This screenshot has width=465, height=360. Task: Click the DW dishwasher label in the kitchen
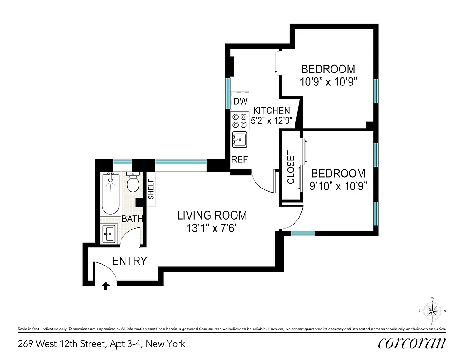tap(240, 102)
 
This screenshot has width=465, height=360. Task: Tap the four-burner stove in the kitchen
tap(240, 120)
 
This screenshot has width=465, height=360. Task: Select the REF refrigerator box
tap(239, 159)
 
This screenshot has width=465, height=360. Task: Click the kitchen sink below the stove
tap(240, 139)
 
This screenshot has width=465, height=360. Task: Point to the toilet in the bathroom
tap(133, 182)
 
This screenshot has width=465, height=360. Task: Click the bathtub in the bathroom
tap(110, 193)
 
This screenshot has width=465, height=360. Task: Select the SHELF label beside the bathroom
tap(151, 189)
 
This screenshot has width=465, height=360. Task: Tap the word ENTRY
tap(129, 261)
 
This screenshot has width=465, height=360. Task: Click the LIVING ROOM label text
tap(211, 216)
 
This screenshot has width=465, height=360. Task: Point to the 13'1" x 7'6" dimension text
tap(211, 228)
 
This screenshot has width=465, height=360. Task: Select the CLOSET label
tap(291, 167)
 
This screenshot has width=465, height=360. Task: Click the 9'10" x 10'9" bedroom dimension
tap(338, 185)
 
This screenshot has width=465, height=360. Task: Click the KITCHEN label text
tap(271, 110)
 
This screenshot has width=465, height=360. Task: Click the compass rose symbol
tap(432, 310)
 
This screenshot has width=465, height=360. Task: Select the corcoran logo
tap(412, 343)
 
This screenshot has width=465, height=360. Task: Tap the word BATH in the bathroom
tap(133, 219)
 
